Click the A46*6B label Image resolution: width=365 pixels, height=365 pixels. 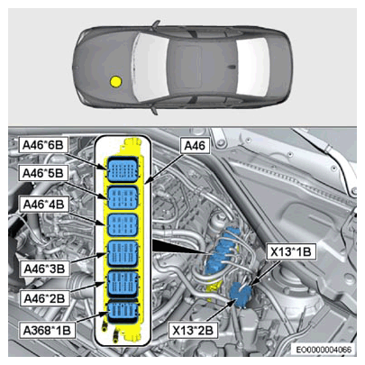(43, 145)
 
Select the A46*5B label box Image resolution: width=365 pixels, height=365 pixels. (43, 173)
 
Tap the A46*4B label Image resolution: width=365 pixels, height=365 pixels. (44, 205)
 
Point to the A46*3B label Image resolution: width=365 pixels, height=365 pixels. (44, 269)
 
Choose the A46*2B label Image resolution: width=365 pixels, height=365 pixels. (44, 298)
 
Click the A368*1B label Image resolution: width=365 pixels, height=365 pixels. (47, 331)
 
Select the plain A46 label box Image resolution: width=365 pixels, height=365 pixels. (195, 146)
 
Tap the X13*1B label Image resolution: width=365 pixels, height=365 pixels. (291, 251)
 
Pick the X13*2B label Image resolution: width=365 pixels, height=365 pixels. (193, 331)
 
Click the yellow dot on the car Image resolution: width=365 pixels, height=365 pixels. (115, 81)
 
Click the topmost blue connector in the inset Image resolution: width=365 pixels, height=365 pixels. (123, 169)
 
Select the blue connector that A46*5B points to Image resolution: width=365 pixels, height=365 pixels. (123, 197)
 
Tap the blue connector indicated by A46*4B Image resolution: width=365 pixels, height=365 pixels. (123, 225)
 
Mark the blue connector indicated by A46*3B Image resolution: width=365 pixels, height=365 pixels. (123, 254)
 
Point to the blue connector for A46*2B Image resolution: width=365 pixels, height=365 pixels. (123, 284)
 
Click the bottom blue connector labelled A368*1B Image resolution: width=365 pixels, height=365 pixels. (123, 311)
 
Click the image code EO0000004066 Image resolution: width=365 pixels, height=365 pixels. (324, 350)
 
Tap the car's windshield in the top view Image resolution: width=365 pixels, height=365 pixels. (151, 67)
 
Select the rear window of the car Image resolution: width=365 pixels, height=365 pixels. (252, 67)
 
